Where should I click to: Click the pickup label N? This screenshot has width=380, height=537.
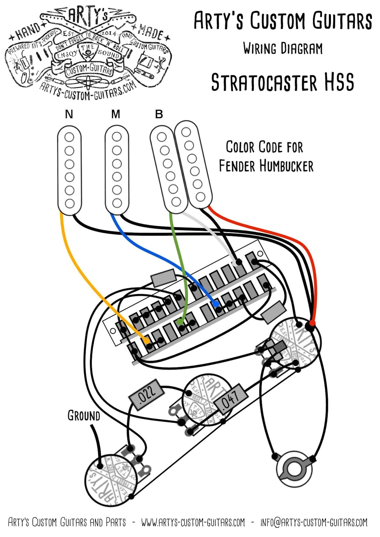click(x=69, y=114)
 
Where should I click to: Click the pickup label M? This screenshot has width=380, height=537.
click(x=116, y=114)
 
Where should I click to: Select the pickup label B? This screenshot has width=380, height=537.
click(x=159, y=114)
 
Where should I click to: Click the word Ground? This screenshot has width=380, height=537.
click(x=84, y=416)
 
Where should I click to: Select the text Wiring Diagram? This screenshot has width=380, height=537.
click(x=283, y=49)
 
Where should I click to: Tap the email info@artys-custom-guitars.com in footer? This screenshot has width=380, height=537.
click(x=314, y=523)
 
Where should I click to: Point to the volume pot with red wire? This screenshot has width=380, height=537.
click(x=296, y=342)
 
